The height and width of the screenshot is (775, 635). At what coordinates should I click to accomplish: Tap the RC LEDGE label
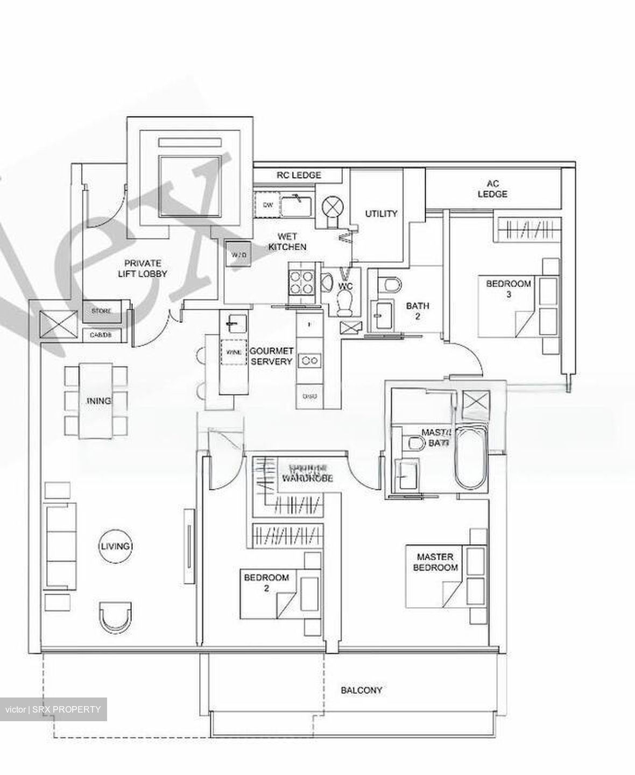point(299,175)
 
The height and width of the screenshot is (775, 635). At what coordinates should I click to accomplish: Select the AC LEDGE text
point(492,189)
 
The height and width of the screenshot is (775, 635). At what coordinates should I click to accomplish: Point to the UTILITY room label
point(381,214)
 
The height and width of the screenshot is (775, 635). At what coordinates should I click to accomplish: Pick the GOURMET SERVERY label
point(271,356)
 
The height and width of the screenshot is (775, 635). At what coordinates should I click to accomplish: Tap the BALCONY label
point(361,690)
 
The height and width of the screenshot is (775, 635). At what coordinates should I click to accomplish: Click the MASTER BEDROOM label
point(435,562)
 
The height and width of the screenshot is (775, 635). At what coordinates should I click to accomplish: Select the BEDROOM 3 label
point(509,289)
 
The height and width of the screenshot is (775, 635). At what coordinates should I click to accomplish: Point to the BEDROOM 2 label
point(266,583)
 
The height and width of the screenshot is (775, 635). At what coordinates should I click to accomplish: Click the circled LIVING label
point(115,546)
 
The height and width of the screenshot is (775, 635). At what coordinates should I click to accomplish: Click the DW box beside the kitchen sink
point(268,205)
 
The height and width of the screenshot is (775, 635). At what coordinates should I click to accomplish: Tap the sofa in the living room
point(60,547)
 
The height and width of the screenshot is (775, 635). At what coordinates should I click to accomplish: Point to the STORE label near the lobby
point(101,312)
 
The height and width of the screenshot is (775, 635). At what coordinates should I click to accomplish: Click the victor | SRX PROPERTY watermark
point(53,709)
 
